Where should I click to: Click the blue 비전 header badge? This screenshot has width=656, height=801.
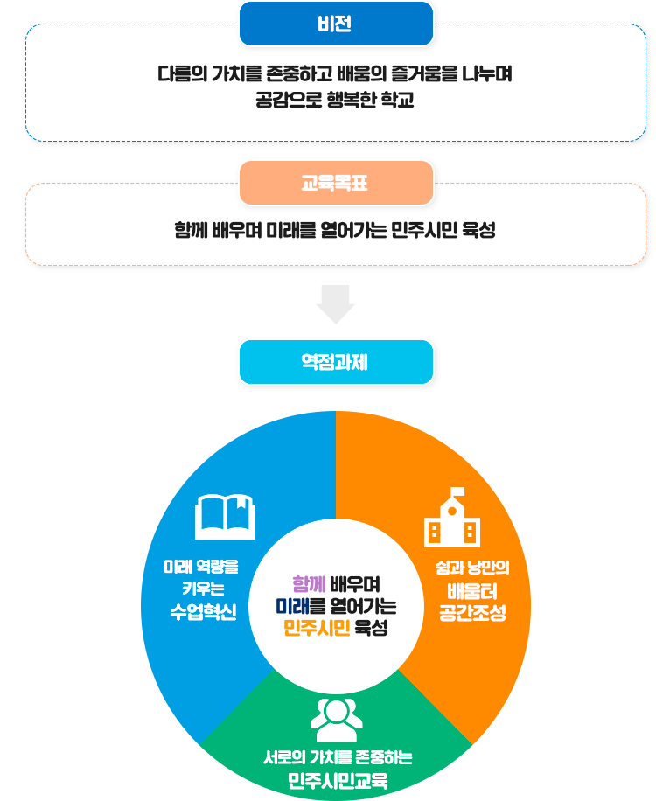pyautogui.click(x=336, y=24)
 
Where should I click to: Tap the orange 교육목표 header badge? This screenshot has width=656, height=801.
pyautogui.click(x=336, y=183)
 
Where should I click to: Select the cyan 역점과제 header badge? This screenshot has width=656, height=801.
pyautogui.click(x=336, y=361)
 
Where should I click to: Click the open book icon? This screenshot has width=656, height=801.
pyautogui.click(x=225, y=517)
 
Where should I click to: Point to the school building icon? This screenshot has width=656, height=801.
pyautogui.click(x=451, y=518)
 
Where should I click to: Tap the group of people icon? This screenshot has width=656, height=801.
pyautogui.click(x=337, y=719)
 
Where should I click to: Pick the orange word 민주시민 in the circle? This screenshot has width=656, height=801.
pyautogui.click(x=317, y=628)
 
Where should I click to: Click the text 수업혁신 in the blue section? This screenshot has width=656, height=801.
pyautogui.click(x=203, y=611)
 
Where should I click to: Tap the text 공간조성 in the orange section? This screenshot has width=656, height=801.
pyautogui.click(x=472, y=611)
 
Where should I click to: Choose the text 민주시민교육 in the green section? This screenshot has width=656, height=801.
pyautogui.click(x=338, y=780)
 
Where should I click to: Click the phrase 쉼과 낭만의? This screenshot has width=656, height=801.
pyautogui.click(x=472, y=567)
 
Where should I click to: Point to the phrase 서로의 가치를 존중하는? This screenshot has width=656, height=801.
pyautogui.click(x=338, y=757)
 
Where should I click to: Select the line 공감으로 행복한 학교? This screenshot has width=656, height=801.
pyautogui.click(x=335, y=100)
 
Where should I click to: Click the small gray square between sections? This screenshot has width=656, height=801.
pyautogui.click(x=335, y=304)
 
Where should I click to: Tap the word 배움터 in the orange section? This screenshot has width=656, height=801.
pyautogui.click(x=472, y=589)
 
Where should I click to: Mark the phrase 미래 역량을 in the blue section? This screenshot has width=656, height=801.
pyautogui.click(x=201, y=567)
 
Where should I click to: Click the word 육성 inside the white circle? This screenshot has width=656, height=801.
pyautogui.click(x=371, y=628)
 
